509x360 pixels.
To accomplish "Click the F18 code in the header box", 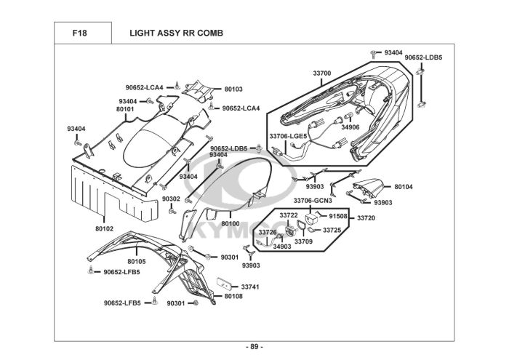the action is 79,33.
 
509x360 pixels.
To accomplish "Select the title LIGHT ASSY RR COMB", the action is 176,33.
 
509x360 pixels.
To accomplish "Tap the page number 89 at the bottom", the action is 254,347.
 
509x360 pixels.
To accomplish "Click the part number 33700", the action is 322,73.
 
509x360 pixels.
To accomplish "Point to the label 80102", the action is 104,229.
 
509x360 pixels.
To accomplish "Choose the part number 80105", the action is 137,261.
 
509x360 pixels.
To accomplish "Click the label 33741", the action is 250,287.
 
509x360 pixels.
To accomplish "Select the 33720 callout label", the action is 366,218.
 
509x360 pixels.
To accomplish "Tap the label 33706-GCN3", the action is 313,201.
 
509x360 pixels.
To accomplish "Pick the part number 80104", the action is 404,187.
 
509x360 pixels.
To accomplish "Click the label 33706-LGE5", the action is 288,136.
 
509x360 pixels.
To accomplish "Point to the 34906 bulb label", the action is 350,127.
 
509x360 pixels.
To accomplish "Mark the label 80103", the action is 233,89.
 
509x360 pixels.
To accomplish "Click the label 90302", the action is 171,199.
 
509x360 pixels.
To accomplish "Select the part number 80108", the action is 233,296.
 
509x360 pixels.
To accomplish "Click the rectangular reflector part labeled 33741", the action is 224,284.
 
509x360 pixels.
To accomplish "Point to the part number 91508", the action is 338,217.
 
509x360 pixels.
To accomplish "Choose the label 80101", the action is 125,109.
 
